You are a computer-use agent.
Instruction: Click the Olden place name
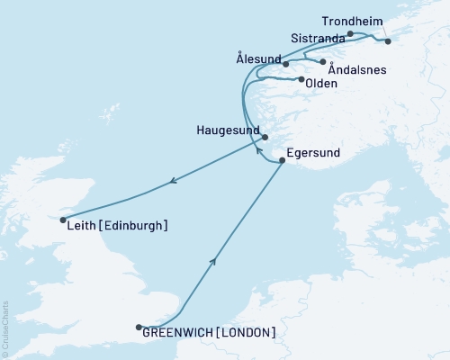click(x=322, y=84)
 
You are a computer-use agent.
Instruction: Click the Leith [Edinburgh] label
click(x=117, y=226)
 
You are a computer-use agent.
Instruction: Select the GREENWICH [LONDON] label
click(x=209, y=333)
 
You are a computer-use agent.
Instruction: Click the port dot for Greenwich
click(x=139, y=328)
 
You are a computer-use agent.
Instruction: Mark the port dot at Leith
click(x=62, y=219)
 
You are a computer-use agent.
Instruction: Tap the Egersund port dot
click(x=283, y=160)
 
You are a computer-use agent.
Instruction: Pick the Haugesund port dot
click(x=265, y=137)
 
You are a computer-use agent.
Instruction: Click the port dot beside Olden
click(x=301, y=79)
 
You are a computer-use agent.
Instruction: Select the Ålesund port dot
click(x=285, y=64)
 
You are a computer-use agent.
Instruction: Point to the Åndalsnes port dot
click(x=322, y=61)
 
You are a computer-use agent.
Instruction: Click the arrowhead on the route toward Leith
click(x=171, y=184)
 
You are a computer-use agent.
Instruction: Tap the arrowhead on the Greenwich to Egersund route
click(x=213, y=261)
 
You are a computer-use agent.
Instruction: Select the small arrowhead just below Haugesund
click(x=257, y=150)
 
